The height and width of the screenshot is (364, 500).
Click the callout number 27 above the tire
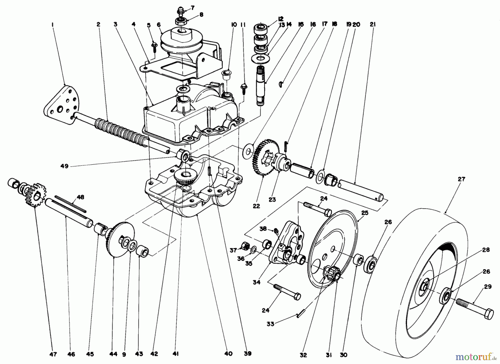point(461,179)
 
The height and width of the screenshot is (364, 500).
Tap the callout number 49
point(64,167)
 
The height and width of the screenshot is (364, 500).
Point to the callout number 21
point(373,24)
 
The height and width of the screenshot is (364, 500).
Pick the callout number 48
point(80,197)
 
